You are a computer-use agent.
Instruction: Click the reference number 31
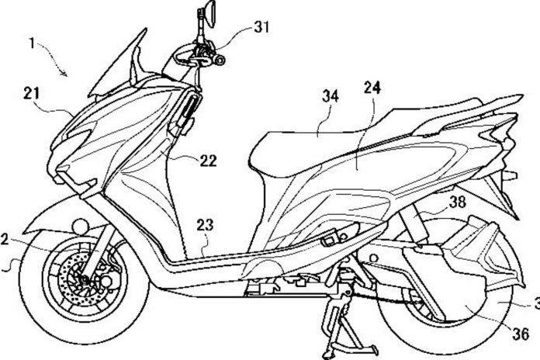(261, 27)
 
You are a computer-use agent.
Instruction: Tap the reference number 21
(31, 94)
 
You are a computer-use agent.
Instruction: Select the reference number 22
(209, 161)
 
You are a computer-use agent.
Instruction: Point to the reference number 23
(206, 225)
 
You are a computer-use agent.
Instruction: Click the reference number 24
(372, 88)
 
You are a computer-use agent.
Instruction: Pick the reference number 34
(331, 96)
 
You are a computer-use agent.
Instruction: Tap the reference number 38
(457, 202)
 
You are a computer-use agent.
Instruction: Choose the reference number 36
(521, 334)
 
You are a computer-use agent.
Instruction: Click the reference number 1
(32, 44)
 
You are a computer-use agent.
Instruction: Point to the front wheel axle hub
(83, 279)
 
